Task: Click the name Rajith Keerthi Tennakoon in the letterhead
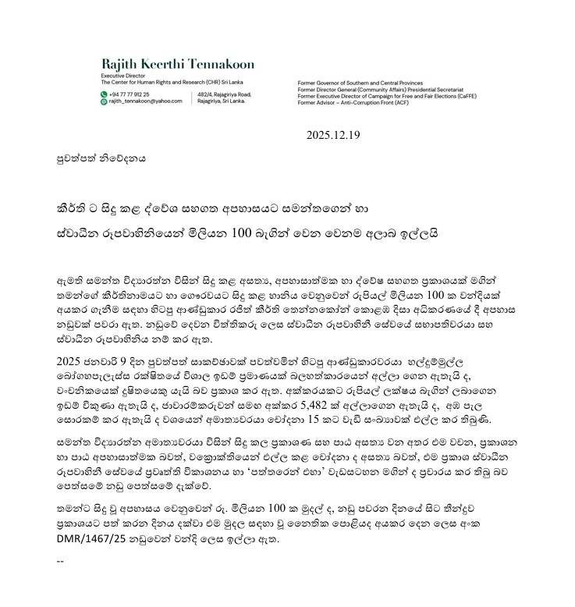(177, 63)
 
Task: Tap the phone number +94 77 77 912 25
(129, 94)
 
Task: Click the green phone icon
(104, 94)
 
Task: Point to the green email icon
(104, 101)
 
